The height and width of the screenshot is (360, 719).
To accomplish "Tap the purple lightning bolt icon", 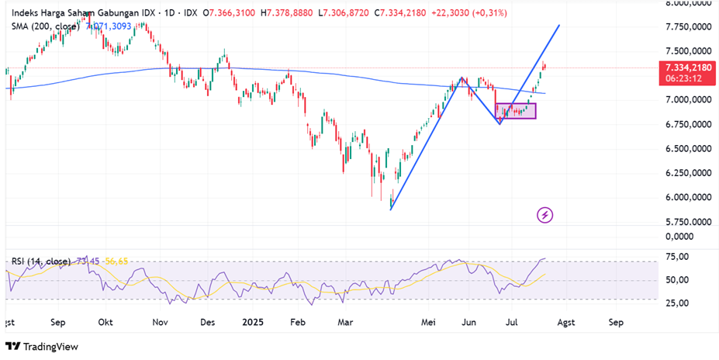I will coord(545,215).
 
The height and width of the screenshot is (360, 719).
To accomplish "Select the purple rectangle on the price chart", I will coord(515,111).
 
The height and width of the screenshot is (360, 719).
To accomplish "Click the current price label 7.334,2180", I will coord(686,67).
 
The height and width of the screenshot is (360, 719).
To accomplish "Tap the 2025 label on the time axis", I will coord(254,320).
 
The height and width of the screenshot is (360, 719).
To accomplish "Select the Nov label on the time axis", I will coord(161,320).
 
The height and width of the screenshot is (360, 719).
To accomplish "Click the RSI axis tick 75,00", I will coord(679,257).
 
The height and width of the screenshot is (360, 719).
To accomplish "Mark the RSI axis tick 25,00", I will coord(679,303).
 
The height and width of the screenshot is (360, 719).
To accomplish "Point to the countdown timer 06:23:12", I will coord(683,78).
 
